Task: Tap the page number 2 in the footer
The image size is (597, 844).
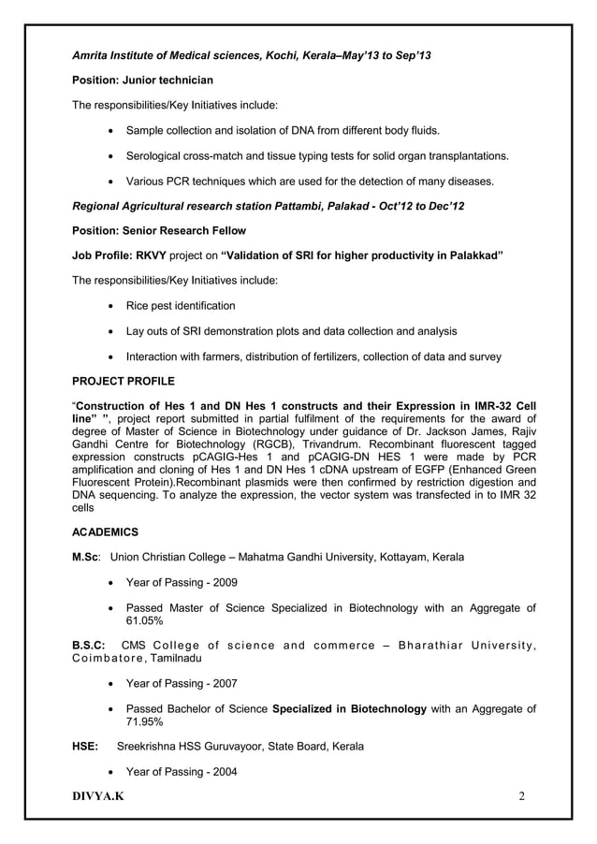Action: coord(522,795)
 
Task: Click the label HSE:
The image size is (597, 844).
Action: coord(87,747)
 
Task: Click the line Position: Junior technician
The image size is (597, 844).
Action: coord(142,80)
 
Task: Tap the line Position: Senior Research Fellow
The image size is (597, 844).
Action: coord(159,230)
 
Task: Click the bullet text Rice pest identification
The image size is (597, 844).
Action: coord(181,306)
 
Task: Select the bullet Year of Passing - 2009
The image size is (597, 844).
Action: coord(182,583)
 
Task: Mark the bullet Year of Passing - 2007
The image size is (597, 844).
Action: coord(182,684)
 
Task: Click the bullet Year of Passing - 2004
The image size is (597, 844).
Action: coord(182,772)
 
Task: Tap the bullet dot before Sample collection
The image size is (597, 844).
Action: coord(113,129)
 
